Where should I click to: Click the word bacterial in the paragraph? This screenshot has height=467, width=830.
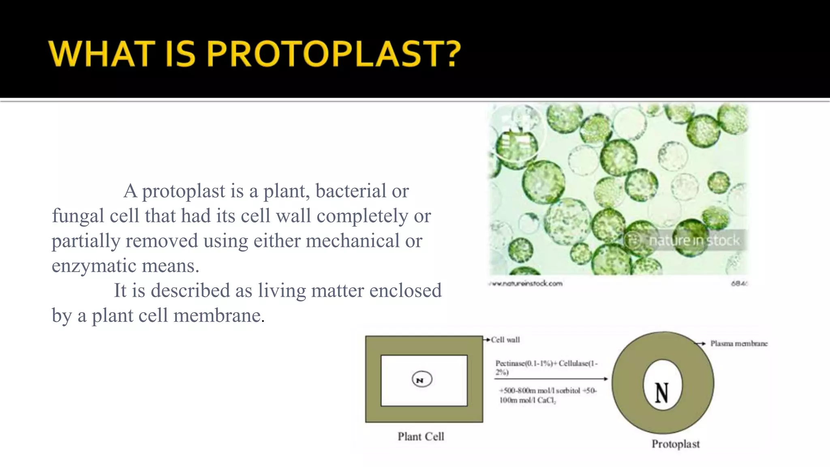[351, 191]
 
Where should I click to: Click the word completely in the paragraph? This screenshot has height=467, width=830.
[362, 216]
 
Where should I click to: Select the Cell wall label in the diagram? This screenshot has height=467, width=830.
[505, 340]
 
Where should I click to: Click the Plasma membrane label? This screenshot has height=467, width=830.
[738, 343]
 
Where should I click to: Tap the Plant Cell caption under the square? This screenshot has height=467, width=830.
[421, 437]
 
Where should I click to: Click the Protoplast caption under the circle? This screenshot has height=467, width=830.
[675, 444]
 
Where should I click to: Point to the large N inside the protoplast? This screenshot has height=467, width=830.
[662, 393]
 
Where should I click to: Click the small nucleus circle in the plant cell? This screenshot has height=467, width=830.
[421, 380]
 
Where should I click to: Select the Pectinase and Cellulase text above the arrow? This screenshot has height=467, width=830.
[546, 367]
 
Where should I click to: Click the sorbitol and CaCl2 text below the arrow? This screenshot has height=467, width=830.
[547, 395]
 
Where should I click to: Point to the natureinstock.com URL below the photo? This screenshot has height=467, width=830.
[526, 283]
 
